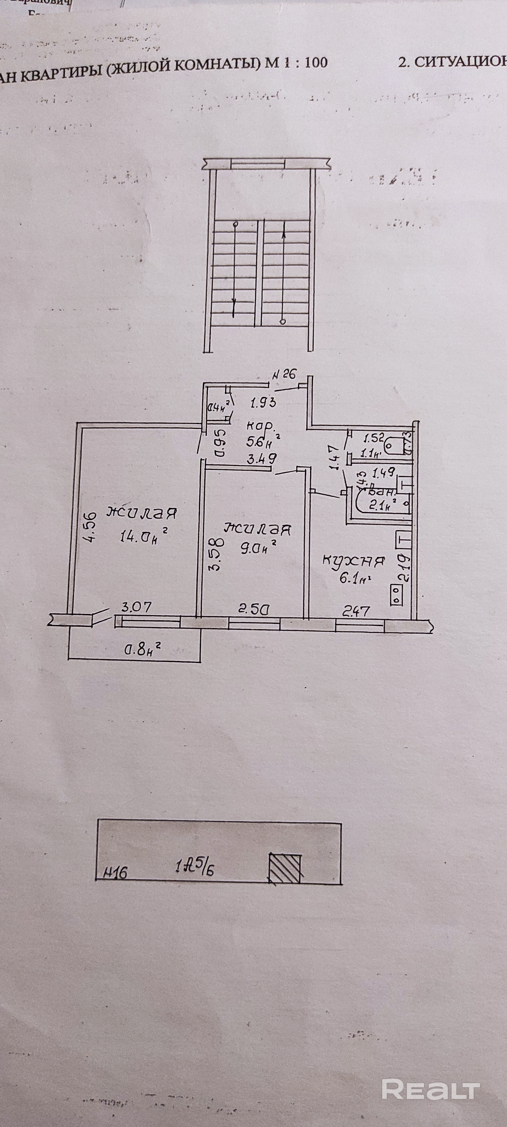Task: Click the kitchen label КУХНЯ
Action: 354,561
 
